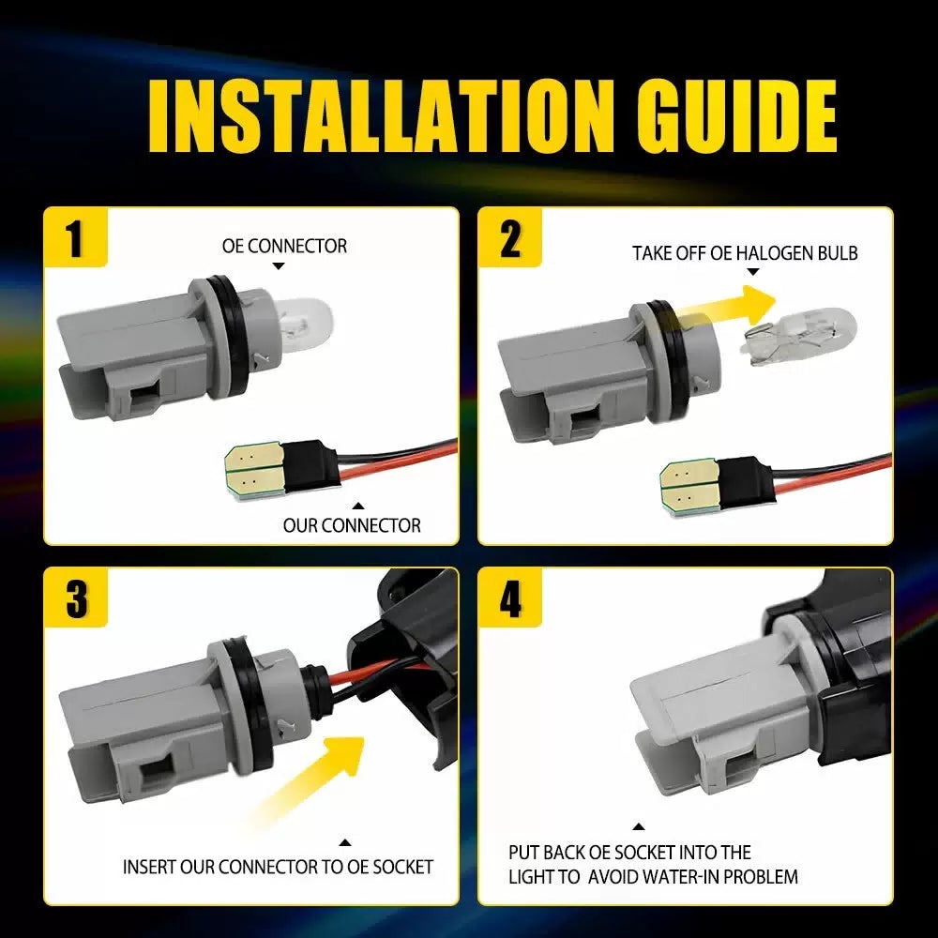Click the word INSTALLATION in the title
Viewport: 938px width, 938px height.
click(381, 115)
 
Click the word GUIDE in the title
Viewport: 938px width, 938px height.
click(735, 115)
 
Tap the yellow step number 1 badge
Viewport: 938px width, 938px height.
click(75, 237)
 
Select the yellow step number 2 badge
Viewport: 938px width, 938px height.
click(509, 237)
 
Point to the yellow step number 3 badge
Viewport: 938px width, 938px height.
click(75, 598)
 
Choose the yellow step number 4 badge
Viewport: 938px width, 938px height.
click(509, 598)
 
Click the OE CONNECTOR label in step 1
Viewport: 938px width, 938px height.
click(284, 246)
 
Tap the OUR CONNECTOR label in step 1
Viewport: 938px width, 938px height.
click(352, 525)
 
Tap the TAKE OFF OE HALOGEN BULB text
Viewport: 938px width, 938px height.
click(745, 253)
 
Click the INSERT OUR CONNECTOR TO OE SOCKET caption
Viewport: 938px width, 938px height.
click(278, 866)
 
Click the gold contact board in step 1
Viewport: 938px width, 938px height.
click(255, 470)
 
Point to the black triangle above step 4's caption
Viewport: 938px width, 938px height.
click(638, 826)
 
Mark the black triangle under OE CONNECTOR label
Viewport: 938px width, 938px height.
click(279, 266)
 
